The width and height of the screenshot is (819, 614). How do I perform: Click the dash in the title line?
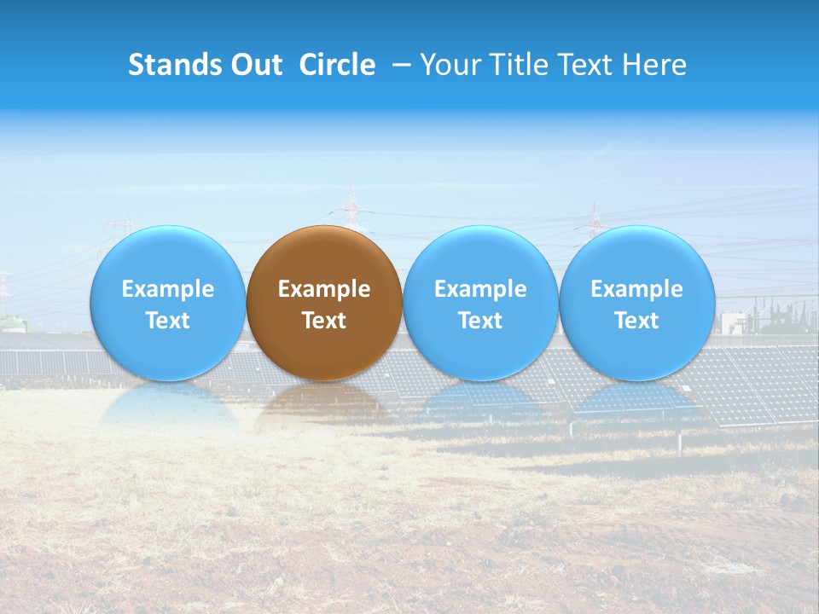(x=400, y=65)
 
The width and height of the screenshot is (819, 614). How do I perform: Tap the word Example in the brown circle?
(x=324, y=289)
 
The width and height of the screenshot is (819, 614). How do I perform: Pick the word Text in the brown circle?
(x=324, y=321)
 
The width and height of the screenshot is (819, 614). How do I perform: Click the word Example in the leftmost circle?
(x=168, y=289)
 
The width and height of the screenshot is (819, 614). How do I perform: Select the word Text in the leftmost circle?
(x=168, y=321)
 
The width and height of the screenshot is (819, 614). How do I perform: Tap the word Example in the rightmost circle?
(x=637, y=289)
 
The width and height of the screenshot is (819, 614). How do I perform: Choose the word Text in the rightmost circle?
(x=637, y=321)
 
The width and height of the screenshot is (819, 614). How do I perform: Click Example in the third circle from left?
(x=480, y=289)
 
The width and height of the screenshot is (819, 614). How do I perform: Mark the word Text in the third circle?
(x=480, y=321)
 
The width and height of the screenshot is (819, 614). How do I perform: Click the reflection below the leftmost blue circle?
(x=168, y=404)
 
